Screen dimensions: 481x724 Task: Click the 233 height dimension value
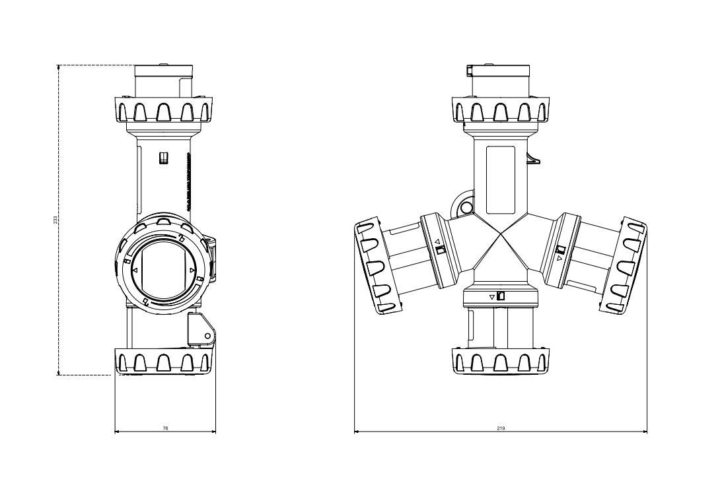pyautogui.click(x=55, y=219)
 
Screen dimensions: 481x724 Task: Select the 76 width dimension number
pyautogui.click(x=165, y=428)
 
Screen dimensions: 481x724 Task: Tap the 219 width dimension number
pyautogui.click(x=501, y=428)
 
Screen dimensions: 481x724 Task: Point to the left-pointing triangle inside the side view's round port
pyautogui.click(x=135, y=271)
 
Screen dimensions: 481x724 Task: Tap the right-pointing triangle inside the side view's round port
pyautogui.click(x=192, y=271)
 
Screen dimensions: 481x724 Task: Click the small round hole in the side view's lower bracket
pyautogui.click(x=207, y=336)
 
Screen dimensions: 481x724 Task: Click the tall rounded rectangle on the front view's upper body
pyautogui.click(x=500, y=179)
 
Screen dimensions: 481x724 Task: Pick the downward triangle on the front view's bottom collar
pyautogui.click(x=491, y=298)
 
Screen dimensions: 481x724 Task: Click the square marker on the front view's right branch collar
pyautogui.click(x=560, y=249)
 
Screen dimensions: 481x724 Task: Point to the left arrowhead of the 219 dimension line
pyautogui.click(x=357, y=432)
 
